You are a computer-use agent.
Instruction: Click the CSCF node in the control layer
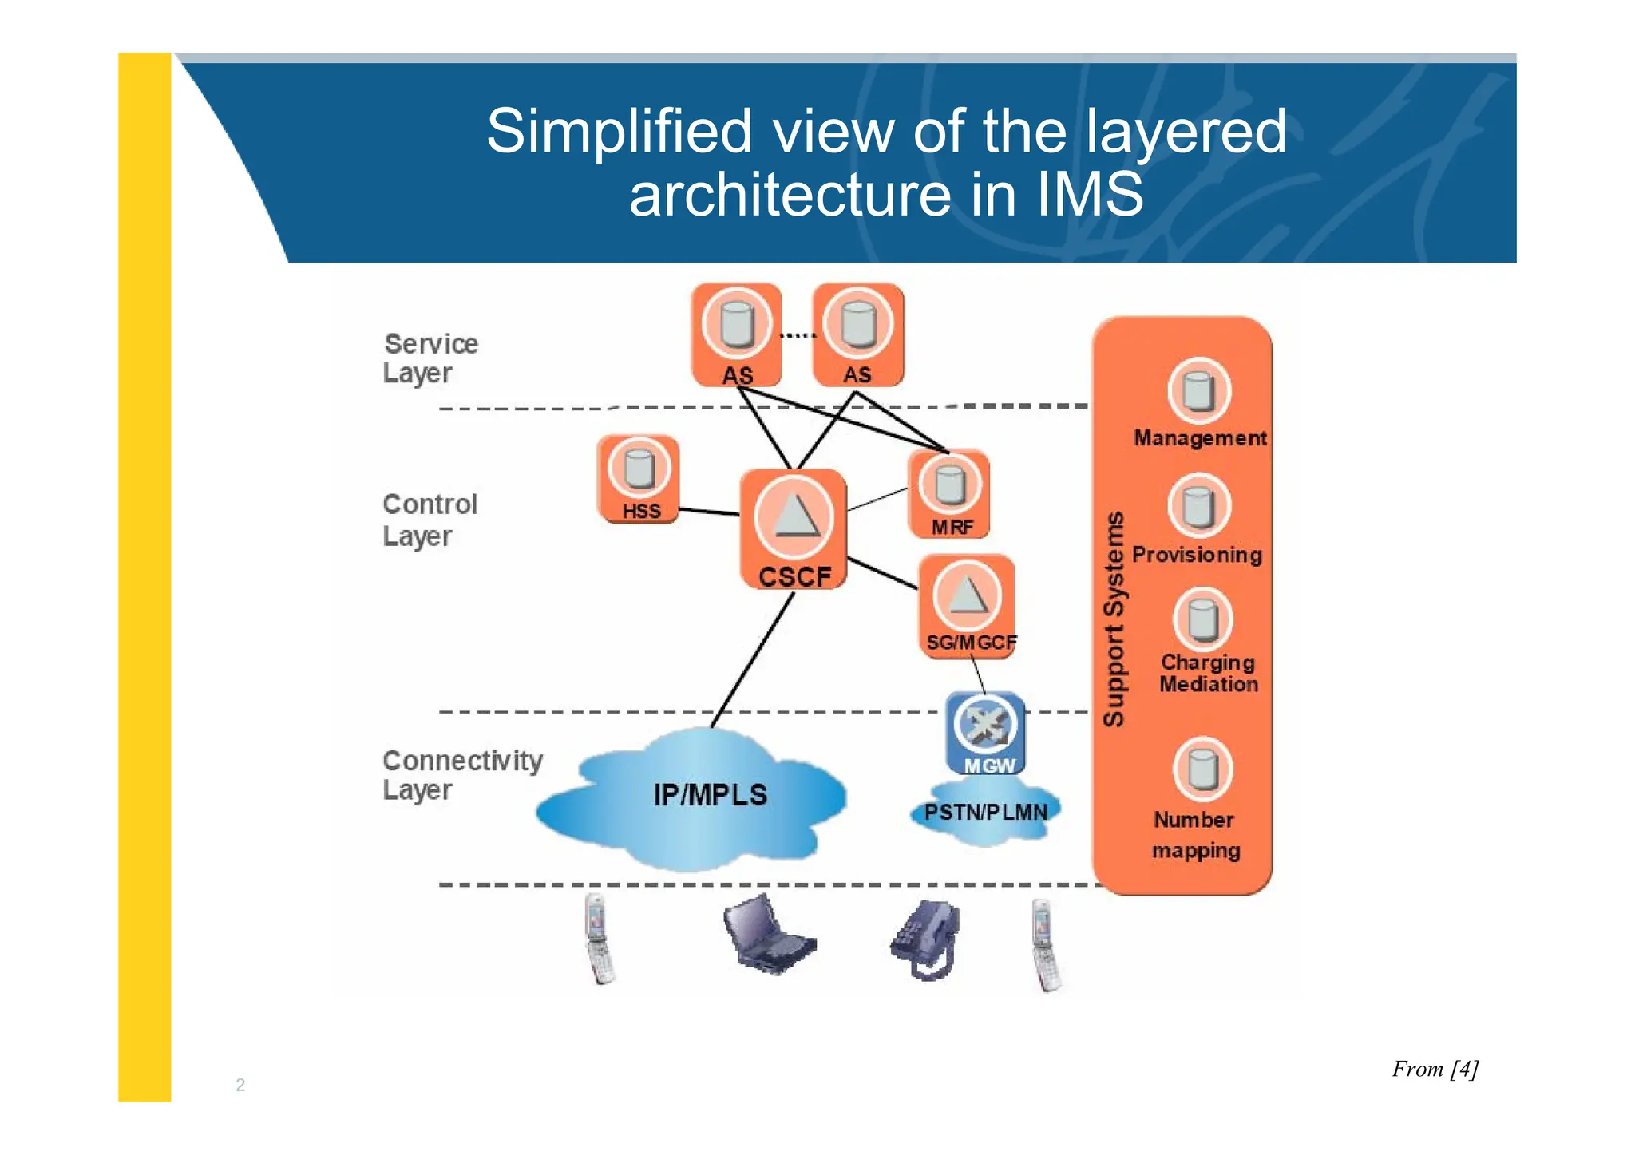tap(793, 528)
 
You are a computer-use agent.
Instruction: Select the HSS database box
tap(639, 479)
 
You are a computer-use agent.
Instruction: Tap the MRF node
tap(949, 494)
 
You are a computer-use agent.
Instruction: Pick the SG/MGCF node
tap(968, 606)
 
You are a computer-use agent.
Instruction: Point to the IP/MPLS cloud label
tap(710, 795)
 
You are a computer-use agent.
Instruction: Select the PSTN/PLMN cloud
tap(986, 813)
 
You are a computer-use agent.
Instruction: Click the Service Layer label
tap(430, 358)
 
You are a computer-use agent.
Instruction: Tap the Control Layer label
tap(430, 520)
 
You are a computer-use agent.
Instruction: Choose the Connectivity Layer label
tap(461, 774)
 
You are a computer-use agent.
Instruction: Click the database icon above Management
tap(1198, 391)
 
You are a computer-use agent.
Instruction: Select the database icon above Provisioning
tap(1198, 506)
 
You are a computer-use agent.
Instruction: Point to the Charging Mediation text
tap(1208, 673)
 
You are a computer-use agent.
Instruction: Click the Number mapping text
tap(1195, 835)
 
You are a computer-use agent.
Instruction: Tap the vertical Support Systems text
tap(1114, 619)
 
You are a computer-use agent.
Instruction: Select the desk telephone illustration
tap(926, 939)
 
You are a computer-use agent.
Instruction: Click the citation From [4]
tap(1435, 1069)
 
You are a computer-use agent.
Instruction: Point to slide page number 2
tap(240, 1085)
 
